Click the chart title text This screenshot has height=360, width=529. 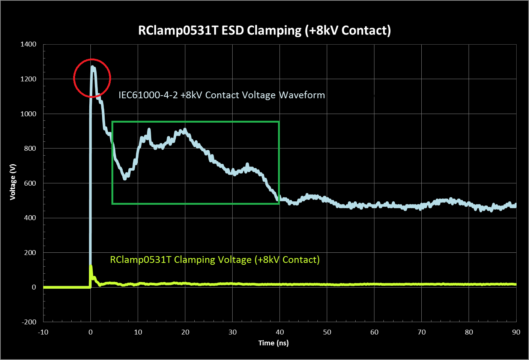point(264,30)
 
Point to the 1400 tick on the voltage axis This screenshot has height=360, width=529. point(29,44)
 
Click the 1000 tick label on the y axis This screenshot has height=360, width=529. point(29,114)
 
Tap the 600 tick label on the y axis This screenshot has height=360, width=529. point(30,183)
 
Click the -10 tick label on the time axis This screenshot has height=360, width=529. point(43,332)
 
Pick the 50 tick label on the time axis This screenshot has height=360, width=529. point(327,332)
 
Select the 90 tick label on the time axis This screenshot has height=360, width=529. point(516,332)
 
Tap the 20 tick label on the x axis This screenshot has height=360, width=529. point(185,332)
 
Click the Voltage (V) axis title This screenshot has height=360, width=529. point(13,182)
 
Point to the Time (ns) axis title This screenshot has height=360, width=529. point(274,343)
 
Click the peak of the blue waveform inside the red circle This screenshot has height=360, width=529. point(92,67)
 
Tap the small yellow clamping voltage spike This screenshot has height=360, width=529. point(91,268)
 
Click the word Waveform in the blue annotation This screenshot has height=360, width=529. point(302,95)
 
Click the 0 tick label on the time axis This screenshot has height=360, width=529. point(90,332)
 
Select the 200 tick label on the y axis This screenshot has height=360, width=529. point(30,252)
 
